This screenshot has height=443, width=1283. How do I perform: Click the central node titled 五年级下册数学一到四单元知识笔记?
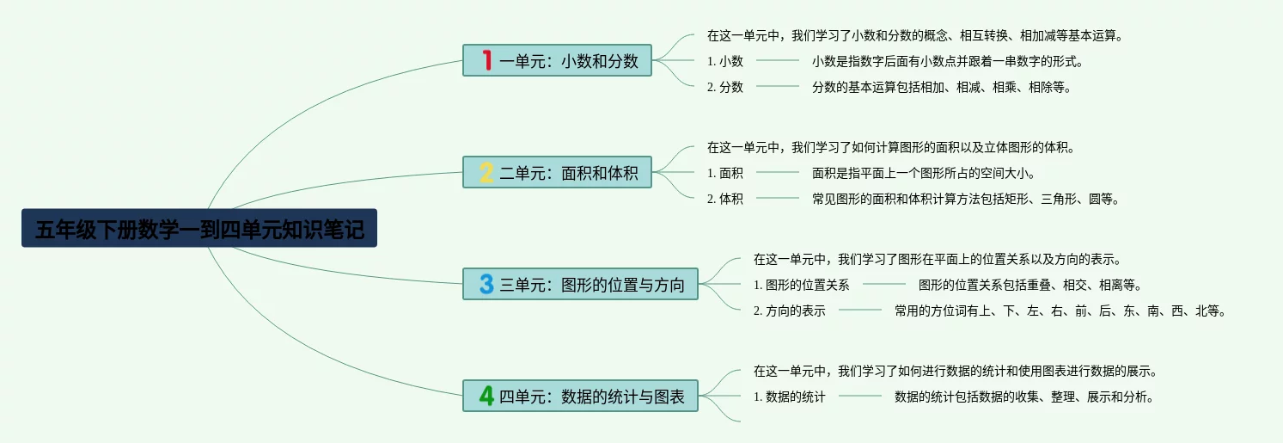click(199, 228)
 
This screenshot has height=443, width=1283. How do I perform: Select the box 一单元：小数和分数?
click(558, 60)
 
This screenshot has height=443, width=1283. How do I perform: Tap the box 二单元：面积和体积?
click(558, 172)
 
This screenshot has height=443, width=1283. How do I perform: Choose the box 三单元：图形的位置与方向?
click(580, 284)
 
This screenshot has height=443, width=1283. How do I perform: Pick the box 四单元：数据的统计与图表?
click(580, 396)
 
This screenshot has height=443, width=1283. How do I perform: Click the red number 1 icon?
click(487, 60)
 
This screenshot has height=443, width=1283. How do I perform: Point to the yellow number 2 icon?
click(486, 172)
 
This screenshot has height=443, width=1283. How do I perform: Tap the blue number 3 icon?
click(486, 284)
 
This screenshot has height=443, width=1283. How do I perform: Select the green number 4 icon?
click(486, 396)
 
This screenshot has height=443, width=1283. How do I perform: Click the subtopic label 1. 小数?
click(725, 61)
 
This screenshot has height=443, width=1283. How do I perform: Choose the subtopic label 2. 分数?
click(725, 87)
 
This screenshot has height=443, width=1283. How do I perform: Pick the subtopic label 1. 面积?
click(725, 173)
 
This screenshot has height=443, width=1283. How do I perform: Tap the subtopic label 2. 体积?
click(725, 199)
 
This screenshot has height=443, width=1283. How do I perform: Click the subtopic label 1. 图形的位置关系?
click(801, 285)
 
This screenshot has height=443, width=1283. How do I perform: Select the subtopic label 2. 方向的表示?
click(789, 311)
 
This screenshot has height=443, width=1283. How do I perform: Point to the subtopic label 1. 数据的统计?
click(789, 397)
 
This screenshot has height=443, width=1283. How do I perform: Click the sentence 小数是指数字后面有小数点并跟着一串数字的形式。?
click(948, 61)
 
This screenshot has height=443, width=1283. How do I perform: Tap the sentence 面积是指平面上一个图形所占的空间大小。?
click(924, 173)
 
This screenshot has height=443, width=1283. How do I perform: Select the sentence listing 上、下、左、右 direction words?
click(1060, 311)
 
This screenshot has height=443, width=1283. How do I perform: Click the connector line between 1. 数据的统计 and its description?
click(860, 396)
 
